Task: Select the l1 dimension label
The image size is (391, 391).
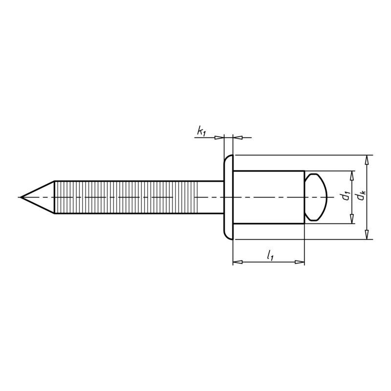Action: (x=269, y=254)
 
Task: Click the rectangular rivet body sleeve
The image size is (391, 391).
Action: (x=268, y=197)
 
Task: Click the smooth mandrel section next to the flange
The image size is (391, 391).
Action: (x=210, y=197)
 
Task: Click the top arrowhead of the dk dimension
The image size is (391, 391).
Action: (x=367, y=159)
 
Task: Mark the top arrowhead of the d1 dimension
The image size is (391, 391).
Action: (x=352, y=175)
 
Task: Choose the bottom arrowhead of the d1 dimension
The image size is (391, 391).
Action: (x=352, y=219)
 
